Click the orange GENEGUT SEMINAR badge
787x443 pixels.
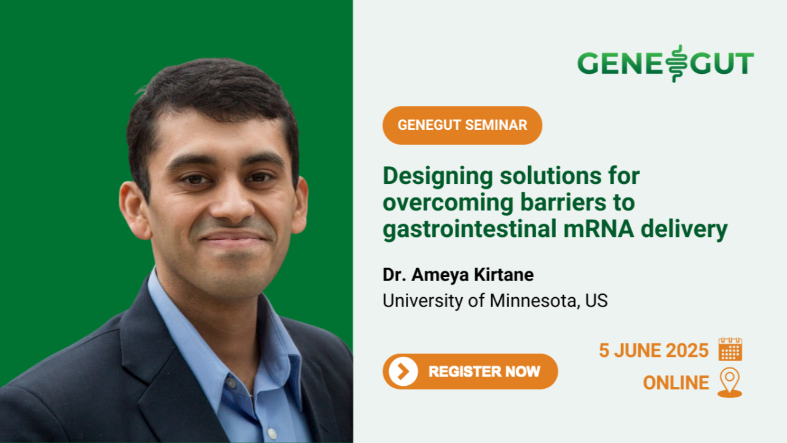pos(462,125)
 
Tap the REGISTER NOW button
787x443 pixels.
pos(470,371)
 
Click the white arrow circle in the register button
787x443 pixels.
pos(403,371)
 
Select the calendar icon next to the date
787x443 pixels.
pos(730,349)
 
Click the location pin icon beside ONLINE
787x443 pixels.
pos(730,383)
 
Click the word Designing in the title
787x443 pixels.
pos(438,177)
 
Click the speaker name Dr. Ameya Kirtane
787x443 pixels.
pos(458,274)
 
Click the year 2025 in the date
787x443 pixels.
pos(687,351)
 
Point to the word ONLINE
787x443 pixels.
pos(676,383)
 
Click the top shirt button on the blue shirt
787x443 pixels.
pos(231,381)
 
